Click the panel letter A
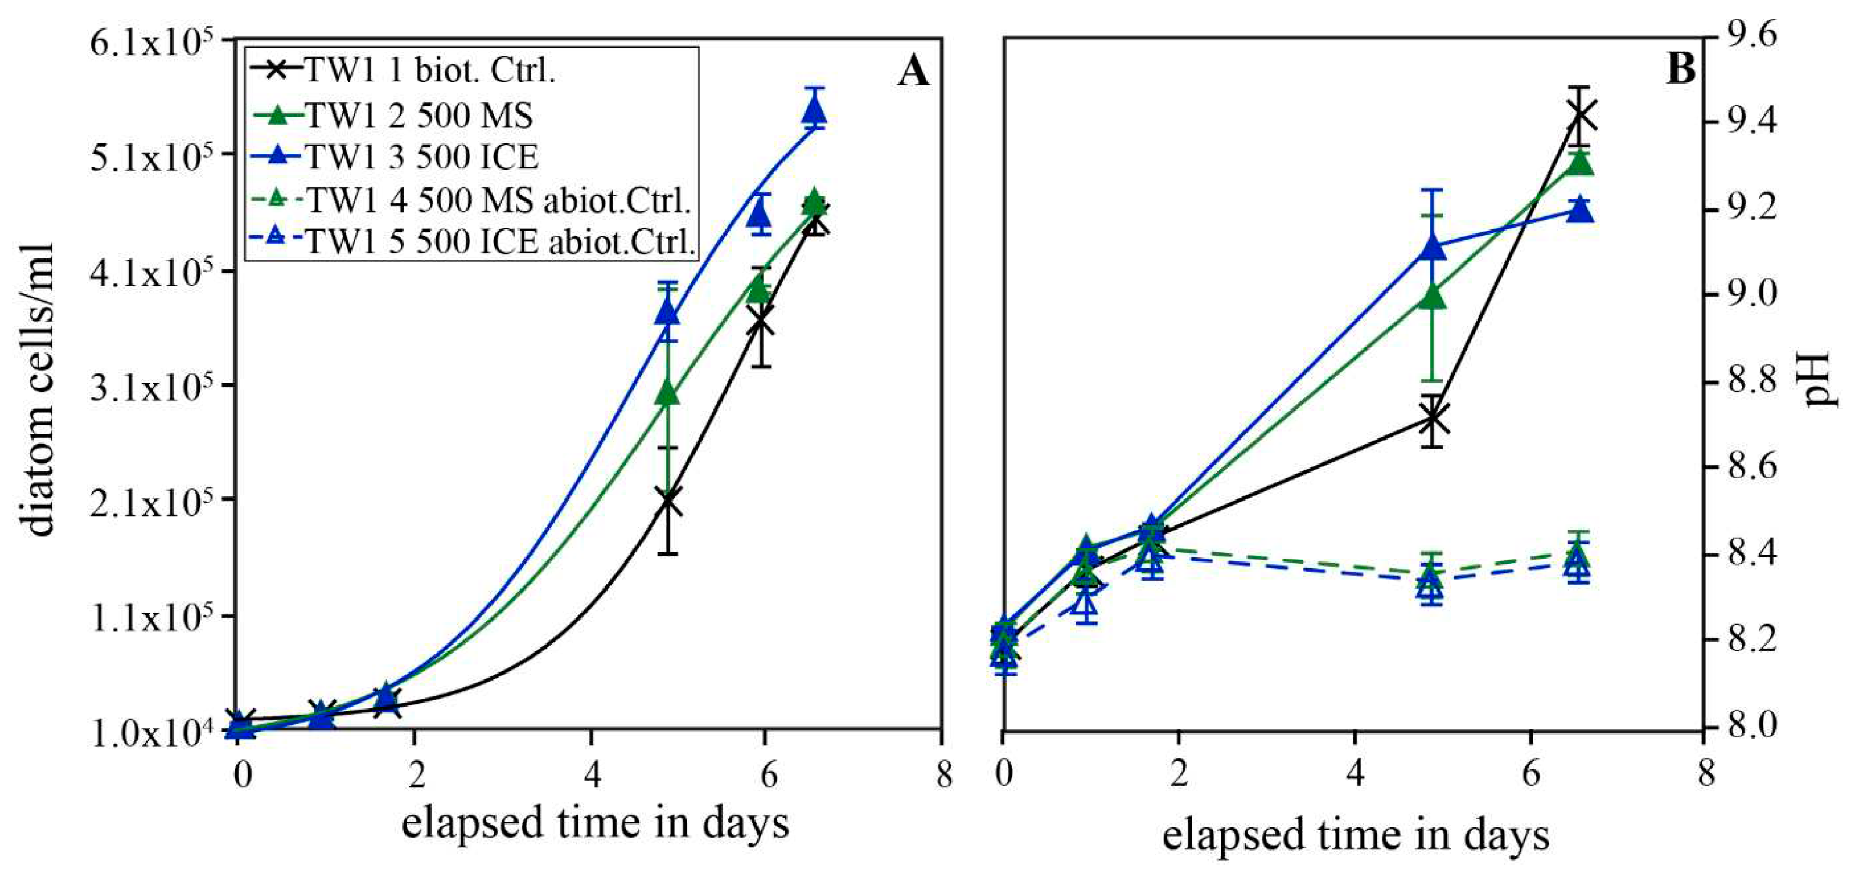[913, 72]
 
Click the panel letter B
[1681, 70]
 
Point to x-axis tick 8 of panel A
[943, 776]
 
